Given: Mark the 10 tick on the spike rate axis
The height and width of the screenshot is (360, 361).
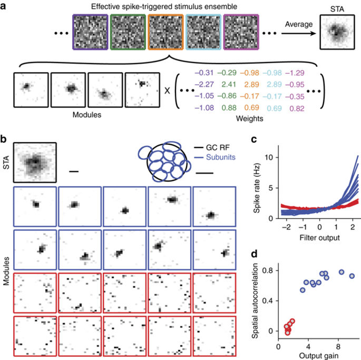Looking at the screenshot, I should tap(270, 158).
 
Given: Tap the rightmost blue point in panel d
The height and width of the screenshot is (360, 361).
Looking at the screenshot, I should tap(352, 276).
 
